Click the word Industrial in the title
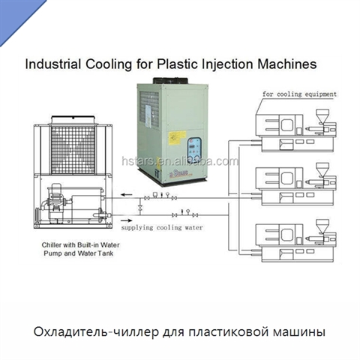pos(52,64)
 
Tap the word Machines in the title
pos(287,64)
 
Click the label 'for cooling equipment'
pos(299,94)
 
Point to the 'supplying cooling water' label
pos(162,228)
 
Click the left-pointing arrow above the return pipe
pos(127,194)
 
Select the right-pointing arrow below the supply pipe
pos(127,220)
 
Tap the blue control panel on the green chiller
pos(194,150)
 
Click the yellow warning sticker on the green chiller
pos(177,138)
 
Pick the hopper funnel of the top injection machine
pos(322,115)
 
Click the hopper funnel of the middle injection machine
pos(322,169)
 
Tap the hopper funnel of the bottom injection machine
pos(322,226)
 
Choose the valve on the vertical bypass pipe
pos(140,207)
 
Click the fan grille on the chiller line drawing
pos(73,149)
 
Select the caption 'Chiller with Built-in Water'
pos(80,245)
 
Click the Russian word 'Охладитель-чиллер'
pos(96,332)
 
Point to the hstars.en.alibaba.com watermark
pos(180,161)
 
